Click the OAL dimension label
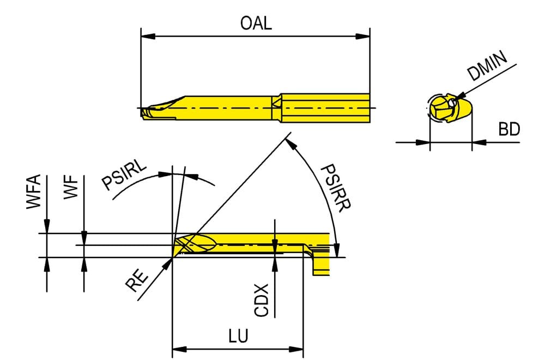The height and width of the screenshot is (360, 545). coord(256,23)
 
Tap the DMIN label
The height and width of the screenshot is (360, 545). coord(487,66)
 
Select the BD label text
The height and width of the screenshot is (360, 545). coord(509,129)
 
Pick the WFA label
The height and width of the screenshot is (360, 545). coord(34,191)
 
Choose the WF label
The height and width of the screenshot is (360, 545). coord(71,187)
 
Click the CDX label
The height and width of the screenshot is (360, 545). coord(262,300)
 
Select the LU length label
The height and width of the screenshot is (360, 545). coord(239,336)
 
